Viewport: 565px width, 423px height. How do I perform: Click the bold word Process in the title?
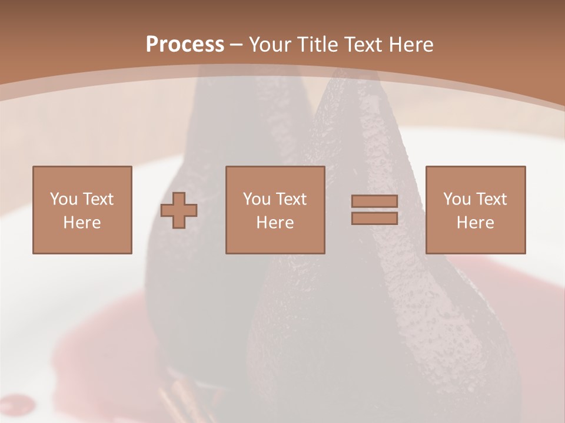click(185, 45)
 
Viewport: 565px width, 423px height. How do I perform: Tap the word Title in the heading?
click(317, 45)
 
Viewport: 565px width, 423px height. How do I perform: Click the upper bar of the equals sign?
click(374, 201)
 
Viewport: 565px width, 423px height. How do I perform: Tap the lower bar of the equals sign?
click(374, 218)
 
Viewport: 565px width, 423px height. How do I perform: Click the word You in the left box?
click(64, 199)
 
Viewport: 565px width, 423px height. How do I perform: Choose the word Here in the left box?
click(82, 223)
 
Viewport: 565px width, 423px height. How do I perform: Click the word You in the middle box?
click(257, 199)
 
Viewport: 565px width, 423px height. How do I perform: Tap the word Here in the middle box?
click(275, 223)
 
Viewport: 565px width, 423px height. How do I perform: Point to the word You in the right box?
click(457, 199)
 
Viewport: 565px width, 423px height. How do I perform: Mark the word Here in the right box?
click(475, 223)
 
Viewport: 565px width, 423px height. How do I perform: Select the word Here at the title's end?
click(411, 45)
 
